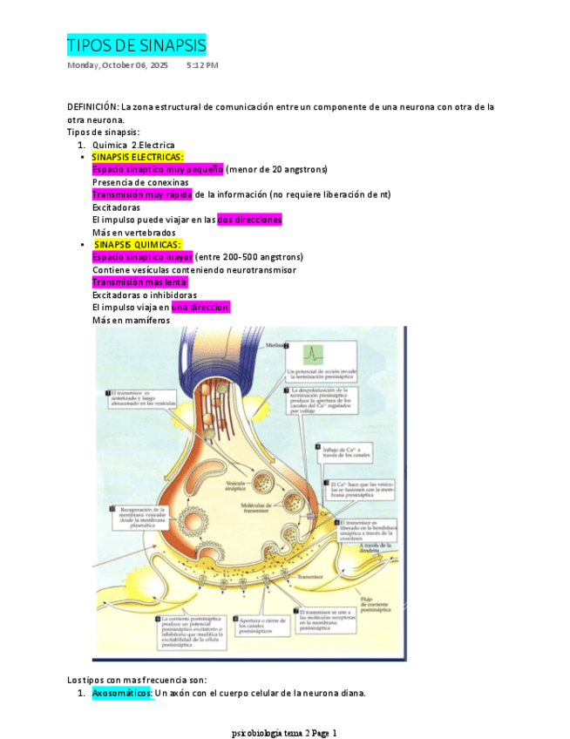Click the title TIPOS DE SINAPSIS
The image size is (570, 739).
(x=137, y=45)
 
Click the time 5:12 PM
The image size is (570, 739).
(x=202, y=65)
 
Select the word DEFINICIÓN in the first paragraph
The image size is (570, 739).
(x=92, y=107)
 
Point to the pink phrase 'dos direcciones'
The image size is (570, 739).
(x=249, y=220)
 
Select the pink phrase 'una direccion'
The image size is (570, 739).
(x=200, y=308)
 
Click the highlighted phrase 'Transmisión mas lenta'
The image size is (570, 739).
(x=139, y=282)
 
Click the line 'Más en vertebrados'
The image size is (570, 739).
(x=133, y=233)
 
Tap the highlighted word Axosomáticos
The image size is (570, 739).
(x=122, y=694)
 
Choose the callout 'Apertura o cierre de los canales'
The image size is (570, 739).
(x=259, y=623)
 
